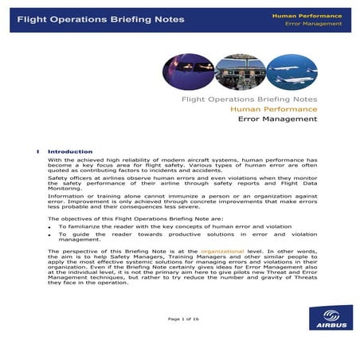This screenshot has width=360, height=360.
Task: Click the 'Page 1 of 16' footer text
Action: (x=184, y=319)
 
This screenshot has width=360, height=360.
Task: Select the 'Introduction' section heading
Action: (x=70, y=151)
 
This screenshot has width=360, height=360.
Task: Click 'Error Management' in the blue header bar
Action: (x=313, y=24)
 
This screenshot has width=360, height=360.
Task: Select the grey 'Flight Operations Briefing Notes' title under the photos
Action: (x=249, y=100)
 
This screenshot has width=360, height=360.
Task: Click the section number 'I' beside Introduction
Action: (x=37, y=151)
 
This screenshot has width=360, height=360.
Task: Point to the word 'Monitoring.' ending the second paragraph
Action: (x=65, y=188)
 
